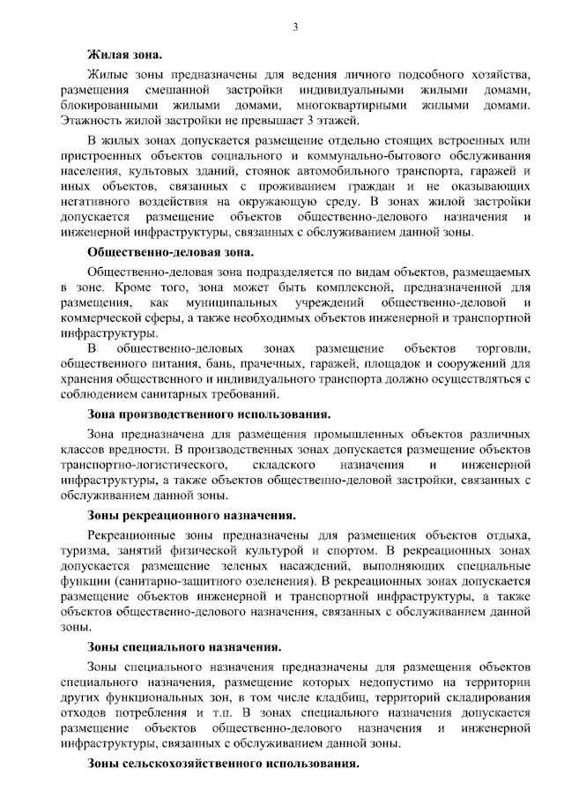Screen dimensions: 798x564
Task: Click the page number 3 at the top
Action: (x=296, y=27)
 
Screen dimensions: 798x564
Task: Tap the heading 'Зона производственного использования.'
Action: (x=209, y=413)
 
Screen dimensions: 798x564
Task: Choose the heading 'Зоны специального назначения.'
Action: (x=184, y=647)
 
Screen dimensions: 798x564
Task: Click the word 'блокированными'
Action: (x=108, y=105)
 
